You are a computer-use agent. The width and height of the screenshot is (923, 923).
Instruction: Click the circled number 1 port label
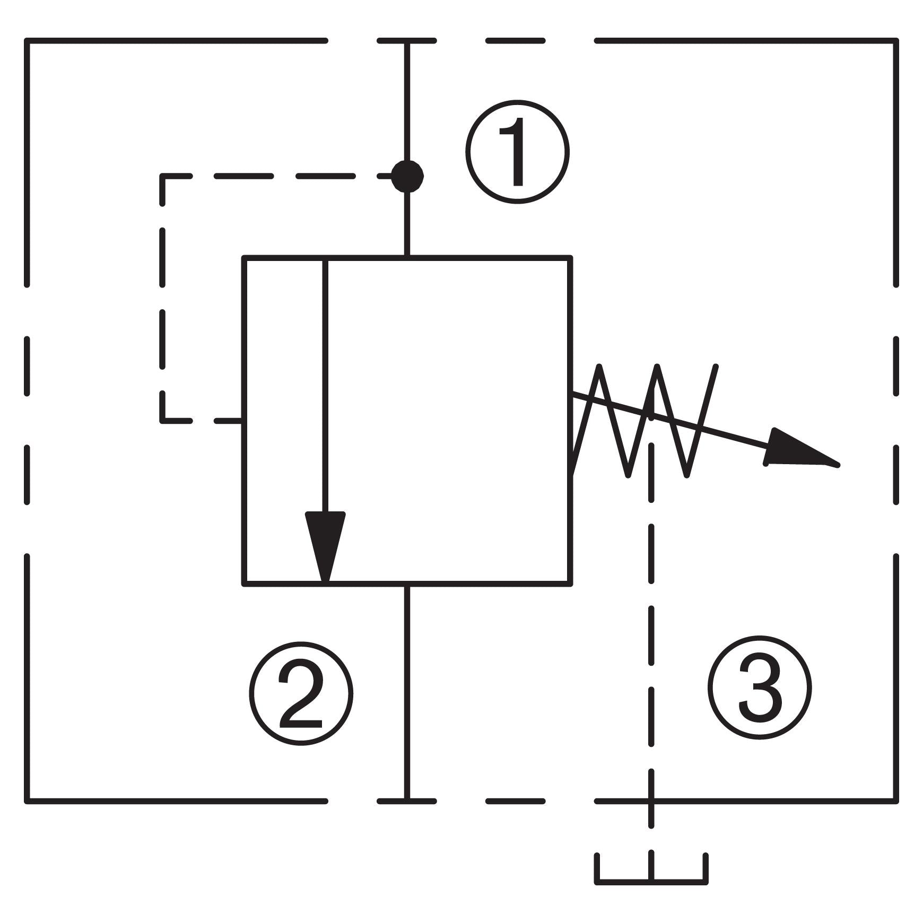click(x=517, y=152)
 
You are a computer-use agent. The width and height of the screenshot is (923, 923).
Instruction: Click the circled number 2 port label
click(x=301, y=693)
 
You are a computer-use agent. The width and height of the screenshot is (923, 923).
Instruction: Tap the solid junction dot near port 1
click(x=407, y=176)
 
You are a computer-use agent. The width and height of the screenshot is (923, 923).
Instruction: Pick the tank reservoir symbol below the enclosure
click(x=651, y=869)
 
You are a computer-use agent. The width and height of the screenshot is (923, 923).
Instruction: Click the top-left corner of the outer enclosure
click(x=27, y=41)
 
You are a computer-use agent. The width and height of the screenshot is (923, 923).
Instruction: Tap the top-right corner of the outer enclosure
click(x=896, y=41)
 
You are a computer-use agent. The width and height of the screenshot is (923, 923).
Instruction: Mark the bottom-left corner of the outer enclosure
click(x=27, y=800)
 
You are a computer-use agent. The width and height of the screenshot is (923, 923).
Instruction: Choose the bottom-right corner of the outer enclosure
click(x=896, y=800)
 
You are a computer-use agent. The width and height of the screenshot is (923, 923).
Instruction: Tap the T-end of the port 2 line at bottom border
click(x=407, y=800)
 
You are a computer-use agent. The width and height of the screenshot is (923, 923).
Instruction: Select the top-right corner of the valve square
click(x=570, y=258)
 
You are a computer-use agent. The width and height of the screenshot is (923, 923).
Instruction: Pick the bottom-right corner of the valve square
click(x=570, y=584)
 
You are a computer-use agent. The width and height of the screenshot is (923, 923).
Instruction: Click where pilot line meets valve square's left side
click(x=243, y=421)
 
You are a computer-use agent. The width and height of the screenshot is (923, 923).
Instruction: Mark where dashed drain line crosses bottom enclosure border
click(x=651, y=800)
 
